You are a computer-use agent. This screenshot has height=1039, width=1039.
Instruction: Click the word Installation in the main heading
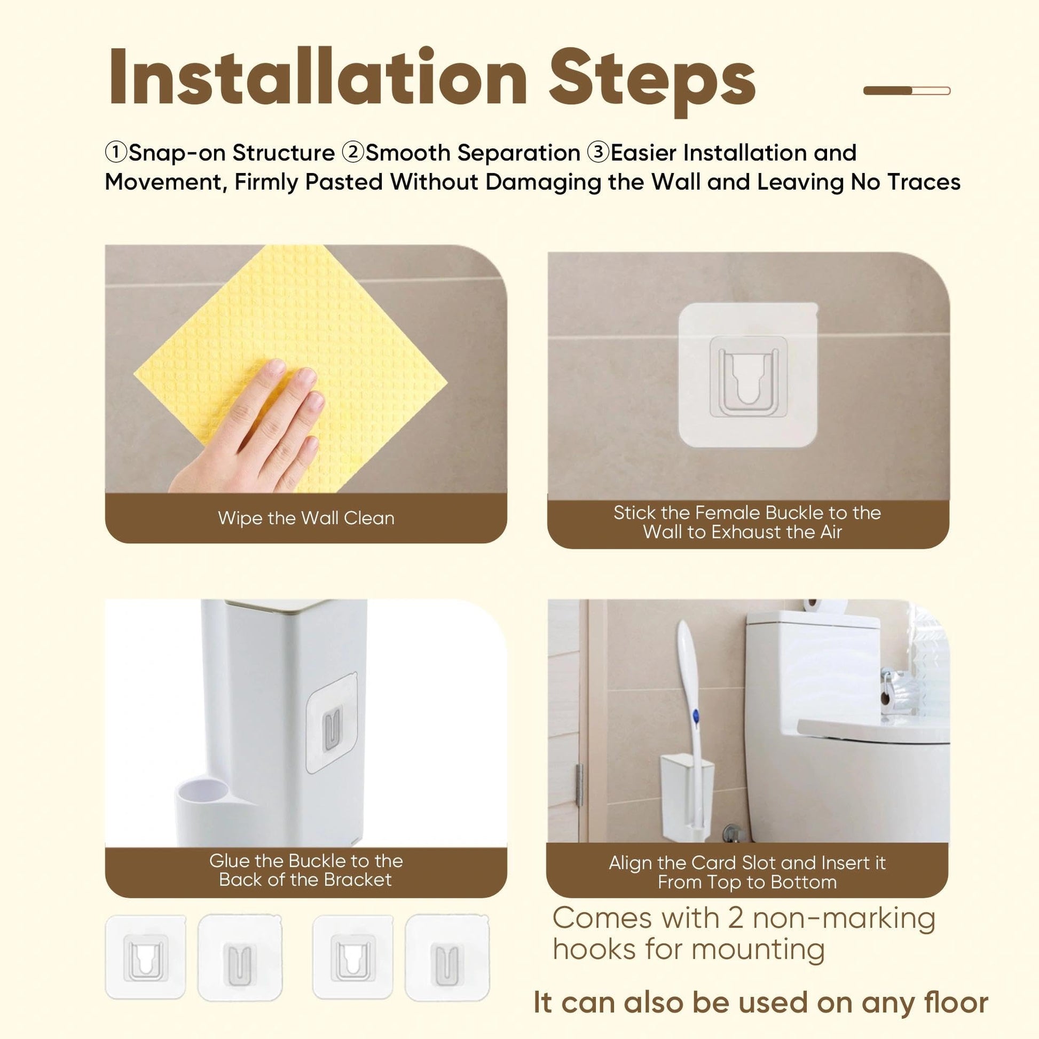point(317,77)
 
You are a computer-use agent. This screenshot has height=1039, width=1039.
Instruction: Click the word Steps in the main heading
point(652,81)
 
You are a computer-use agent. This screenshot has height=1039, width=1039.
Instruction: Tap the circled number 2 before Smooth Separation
point(353,153)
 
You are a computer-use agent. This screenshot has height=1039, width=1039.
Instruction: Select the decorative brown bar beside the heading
point(907,90)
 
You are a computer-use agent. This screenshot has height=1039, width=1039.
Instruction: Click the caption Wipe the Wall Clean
point(306,518)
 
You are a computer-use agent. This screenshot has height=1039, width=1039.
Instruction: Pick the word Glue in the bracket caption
point(229,861)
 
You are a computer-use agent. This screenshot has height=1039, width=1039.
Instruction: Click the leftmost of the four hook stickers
point(145,957)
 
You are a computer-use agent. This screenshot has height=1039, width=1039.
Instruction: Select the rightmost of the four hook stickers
point(447,957)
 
